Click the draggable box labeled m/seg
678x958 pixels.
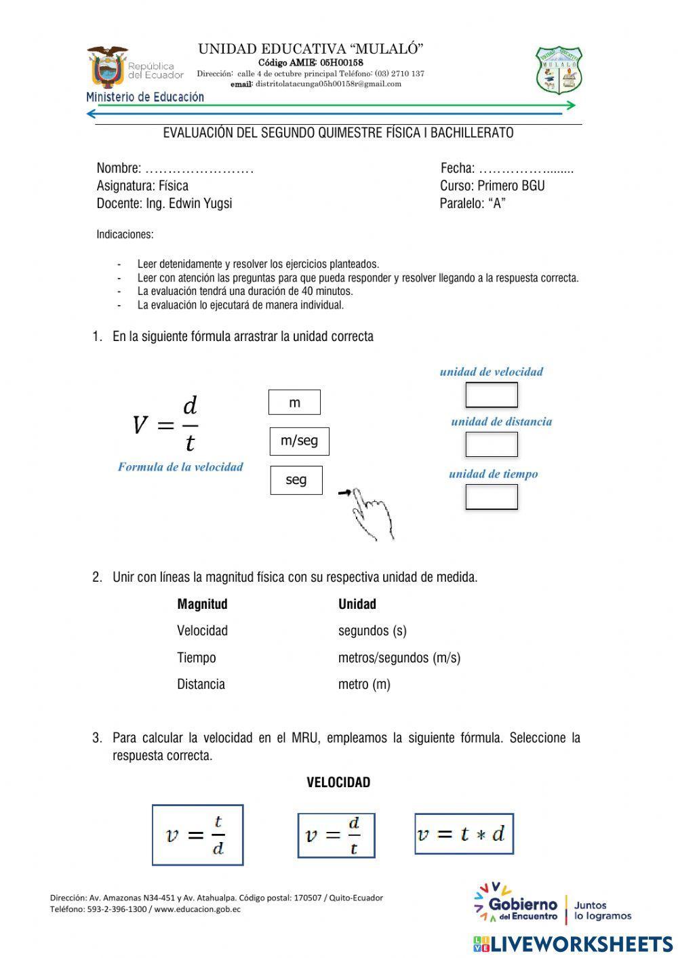(x=299, y=441)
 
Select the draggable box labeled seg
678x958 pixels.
(x=296, y=480)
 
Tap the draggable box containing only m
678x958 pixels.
(x=294, y=403)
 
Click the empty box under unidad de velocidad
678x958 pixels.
(x=492, y=395)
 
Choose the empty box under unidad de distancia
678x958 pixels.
(x=492, y=444)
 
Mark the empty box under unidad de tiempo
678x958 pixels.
(x=492, y=497)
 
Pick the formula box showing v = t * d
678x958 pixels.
(x=464, y=833)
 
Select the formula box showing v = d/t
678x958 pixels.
(x=336, y=835)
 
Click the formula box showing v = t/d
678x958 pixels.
(x=197, y=835)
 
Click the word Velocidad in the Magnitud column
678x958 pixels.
(x=202, y=631)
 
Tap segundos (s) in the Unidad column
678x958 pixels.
(x=372, y=631)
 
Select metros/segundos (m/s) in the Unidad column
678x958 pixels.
(x=399, y=658)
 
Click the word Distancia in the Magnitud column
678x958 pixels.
(x=201, y=684)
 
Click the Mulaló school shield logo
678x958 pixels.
(x=559, y=70)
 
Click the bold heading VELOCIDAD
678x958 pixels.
(x=338, y=782)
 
